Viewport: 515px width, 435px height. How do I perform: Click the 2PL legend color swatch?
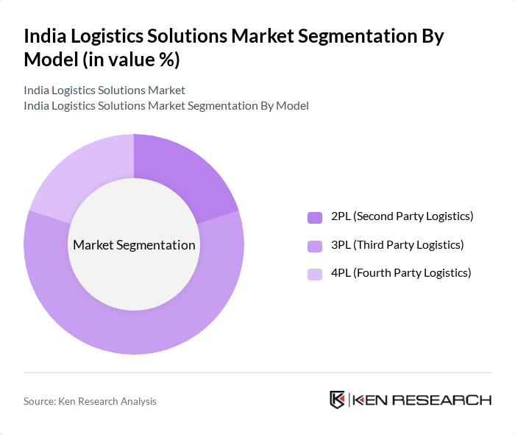tap(315, 217)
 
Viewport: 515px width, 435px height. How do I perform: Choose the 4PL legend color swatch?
tap(315, 274)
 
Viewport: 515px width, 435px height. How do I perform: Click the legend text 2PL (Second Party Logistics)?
tap(402, 216)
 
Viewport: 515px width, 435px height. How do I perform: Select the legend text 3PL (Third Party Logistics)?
tap(397, 244)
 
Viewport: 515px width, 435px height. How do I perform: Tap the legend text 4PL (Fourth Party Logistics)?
tap(400, 272)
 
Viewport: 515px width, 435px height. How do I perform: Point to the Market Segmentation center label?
tap(134, 245)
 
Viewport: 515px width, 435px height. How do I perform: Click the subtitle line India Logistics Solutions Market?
tap(104, 91)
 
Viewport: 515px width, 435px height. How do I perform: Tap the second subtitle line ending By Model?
tap(166, 106)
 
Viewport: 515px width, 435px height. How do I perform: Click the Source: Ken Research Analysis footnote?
tap(90, 401)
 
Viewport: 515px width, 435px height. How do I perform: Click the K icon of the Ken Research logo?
tap(338, 400)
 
